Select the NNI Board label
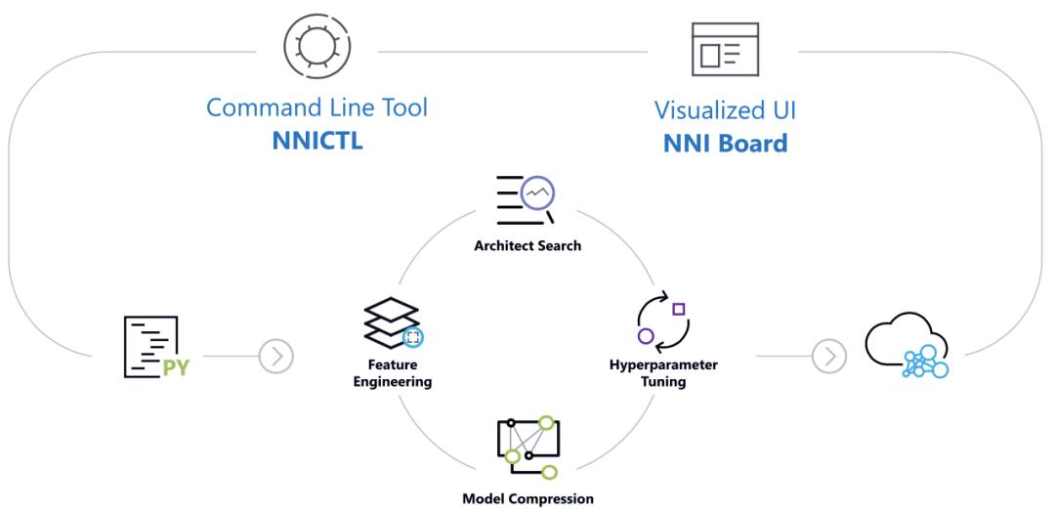click(x=725, y=143)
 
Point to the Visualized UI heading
click(x=725, y=108)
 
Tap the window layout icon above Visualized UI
click(x=725, y=49)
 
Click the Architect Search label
click(x=527, y=245)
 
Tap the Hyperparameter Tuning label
click(x=663, y=372)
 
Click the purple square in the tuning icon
click(x=679, y=309)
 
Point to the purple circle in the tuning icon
click(x=645, y=336)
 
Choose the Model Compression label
click(x=528, y=498)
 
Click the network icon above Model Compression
click(x=527, y=446)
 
